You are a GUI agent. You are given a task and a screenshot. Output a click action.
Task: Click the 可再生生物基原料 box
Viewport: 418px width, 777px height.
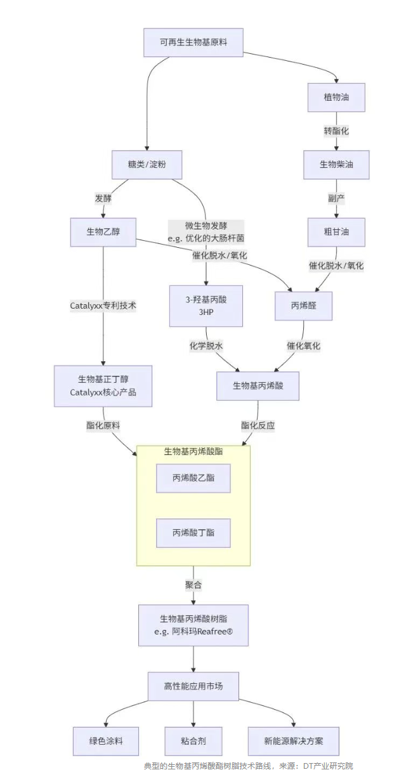(193, 43)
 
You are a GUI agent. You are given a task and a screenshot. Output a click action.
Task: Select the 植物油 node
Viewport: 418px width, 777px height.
(336, 98)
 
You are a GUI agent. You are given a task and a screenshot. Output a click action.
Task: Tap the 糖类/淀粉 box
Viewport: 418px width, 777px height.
(147, 165)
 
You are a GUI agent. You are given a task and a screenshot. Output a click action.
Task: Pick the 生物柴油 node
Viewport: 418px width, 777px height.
(336, 165)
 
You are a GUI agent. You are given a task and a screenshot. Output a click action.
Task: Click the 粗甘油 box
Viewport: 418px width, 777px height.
(336, 232)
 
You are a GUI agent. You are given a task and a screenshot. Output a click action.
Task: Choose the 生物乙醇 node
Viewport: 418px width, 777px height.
(103, 232)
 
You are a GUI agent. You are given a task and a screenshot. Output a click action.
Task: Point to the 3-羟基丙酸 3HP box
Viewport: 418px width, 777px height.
(206, 306)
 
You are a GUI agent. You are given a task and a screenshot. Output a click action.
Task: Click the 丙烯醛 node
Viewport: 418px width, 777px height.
(303, 306)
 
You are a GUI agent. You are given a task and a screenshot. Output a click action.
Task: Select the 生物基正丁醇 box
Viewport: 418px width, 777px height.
(103, 386)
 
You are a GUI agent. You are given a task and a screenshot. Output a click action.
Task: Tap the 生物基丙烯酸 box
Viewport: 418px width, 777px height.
(258, 386)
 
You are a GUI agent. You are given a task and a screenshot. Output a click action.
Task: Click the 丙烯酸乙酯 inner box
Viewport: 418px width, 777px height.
(193, 478)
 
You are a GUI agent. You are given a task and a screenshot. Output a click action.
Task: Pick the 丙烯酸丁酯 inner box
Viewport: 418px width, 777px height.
(193, 533)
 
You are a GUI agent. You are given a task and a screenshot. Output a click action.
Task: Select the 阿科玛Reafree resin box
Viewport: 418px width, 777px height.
(193, 625)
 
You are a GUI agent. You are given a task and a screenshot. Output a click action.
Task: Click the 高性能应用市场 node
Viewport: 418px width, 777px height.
(193, 686)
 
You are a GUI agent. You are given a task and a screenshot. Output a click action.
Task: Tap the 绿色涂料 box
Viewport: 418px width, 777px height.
(105, 741)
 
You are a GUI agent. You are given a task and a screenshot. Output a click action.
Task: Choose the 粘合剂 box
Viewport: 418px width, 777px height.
(193, 741)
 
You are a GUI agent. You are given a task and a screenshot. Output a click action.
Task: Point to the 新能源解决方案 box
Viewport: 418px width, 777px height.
(293, 741)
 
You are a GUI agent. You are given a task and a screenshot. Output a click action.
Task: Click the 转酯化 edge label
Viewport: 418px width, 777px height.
(336, 131)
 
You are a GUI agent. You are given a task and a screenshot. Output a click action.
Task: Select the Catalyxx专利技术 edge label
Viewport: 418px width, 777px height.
(103, 305)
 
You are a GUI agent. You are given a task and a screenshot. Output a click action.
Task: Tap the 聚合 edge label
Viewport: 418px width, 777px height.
(193, 585)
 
